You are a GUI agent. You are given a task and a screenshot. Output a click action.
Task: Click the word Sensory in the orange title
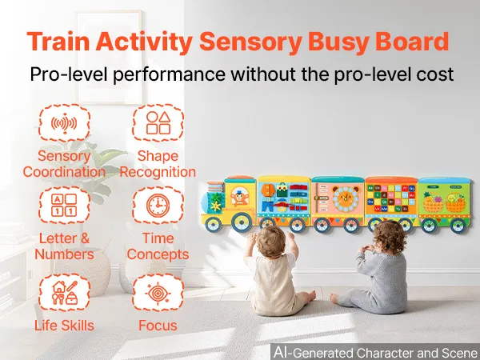(250, 42)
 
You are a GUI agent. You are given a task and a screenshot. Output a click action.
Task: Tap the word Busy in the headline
(338, 42)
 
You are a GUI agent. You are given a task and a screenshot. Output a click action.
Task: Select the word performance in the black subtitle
(169, 74)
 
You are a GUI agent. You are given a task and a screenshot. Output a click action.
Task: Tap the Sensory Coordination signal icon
(64, 123)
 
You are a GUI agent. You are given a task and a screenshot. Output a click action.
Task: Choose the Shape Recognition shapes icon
(158, 122)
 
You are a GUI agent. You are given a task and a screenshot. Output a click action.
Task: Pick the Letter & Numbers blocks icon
(64, 205)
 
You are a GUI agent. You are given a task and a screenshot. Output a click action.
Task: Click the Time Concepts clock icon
(158, 205)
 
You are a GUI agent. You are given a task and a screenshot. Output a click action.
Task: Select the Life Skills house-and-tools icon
(64, 293)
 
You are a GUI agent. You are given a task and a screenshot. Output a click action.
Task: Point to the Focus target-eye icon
(158, 293)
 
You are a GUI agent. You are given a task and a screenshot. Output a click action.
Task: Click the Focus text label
(158, 326)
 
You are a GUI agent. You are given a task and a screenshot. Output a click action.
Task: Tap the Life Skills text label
(64, 326)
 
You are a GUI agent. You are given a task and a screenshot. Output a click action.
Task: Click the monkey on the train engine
(238, 197)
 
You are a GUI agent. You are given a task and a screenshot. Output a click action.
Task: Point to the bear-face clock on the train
(346, 198)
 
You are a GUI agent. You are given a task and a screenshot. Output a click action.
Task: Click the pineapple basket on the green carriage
(432, 202)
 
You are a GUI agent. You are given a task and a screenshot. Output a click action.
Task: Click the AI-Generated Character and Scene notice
(376, 352)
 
